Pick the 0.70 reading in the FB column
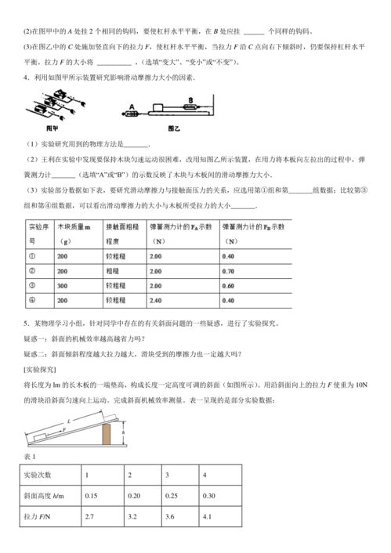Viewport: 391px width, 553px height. (229, 270)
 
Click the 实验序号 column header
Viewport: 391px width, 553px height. (37, 233)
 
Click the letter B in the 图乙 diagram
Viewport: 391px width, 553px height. (190, 100)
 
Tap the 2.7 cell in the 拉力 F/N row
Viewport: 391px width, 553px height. (91, 517)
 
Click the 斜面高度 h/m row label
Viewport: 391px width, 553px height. (43, 496)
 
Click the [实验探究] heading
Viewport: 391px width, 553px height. (34, 368)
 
